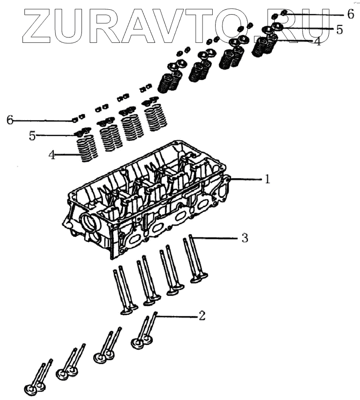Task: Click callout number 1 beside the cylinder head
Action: coord(267,179)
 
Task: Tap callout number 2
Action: coord(201,316)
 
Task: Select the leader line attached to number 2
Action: coord(176,316)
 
